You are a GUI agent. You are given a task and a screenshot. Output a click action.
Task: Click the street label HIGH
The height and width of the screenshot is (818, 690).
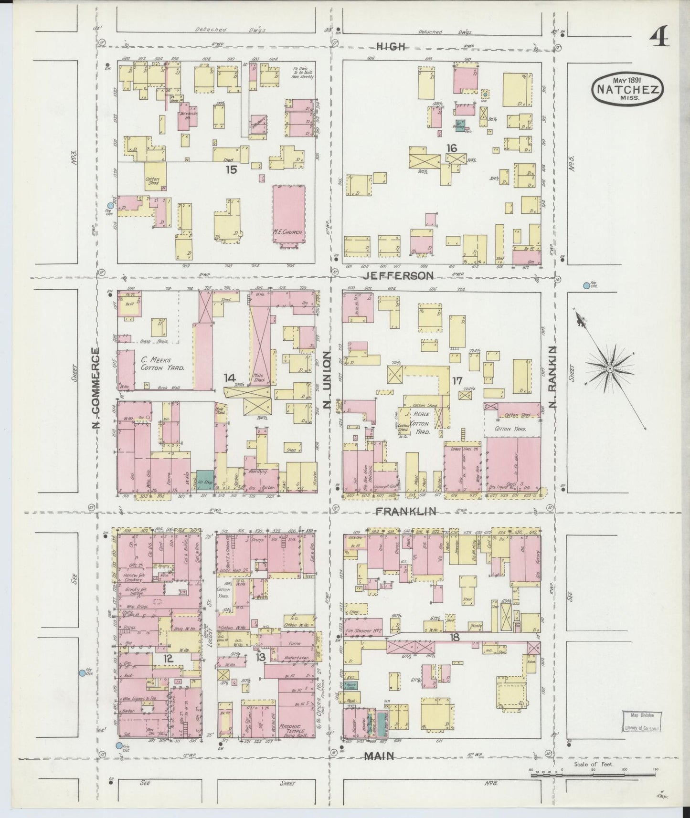(391, 46)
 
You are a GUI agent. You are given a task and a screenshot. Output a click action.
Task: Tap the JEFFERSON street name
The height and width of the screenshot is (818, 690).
(398, 276)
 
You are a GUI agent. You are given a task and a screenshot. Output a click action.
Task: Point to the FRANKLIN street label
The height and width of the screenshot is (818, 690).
(405, 512)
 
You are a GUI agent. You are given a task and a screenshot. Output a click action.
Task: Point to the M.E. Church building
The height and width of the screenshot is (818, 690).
(289, 215)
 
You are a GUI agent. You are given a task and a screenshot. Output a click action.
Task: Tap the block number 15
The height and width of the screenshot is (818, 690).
(231, 169)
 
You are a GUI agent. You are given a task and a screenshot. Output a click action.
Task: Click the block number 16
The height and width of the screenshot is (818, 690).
(451, 148)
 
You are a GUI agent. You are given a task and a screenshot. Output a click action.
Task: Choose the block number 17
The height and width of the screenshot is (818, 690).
(457, 381)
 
